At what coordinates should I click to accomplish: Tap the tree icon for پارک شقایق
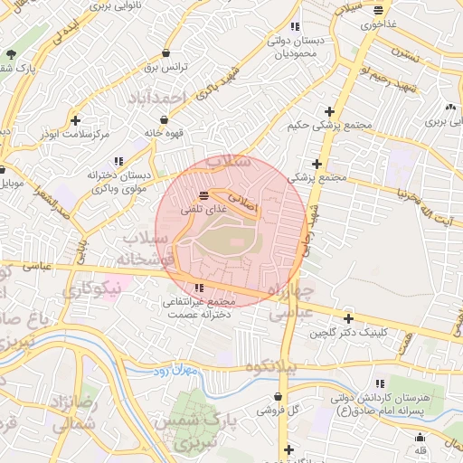point(10,53)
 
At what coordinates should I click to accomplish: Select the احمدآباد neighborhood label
point(157,96)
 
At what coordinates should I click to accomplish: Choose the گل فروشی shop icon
point(280,396)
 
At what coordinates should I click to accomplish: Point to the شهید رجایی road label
point(312,231)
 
